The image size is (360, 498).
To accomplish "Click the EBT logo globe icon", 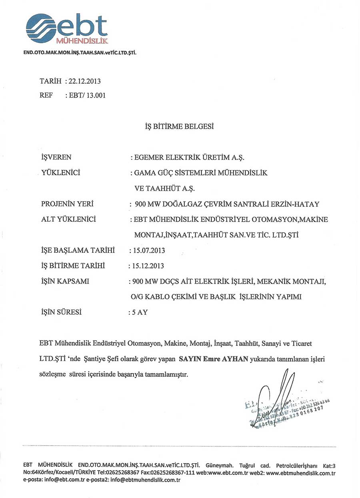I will tap(41, 28).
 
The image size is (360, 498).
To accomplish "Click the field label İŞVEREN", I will tap(56, 157).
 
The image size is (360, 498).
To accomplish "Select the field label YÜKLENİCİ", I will tap(61, 173).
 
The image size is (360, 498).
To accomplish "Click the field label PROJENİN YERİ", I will tap(67, 204).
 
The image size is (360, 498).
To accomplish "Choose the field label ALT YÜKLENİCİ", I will tap(68, 219).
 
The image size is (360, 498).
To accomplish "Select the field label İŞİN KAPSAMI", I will tap(65, 281).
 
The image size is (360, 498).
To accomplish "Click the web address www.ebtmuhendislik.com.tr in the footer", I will tap(300, 473).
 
